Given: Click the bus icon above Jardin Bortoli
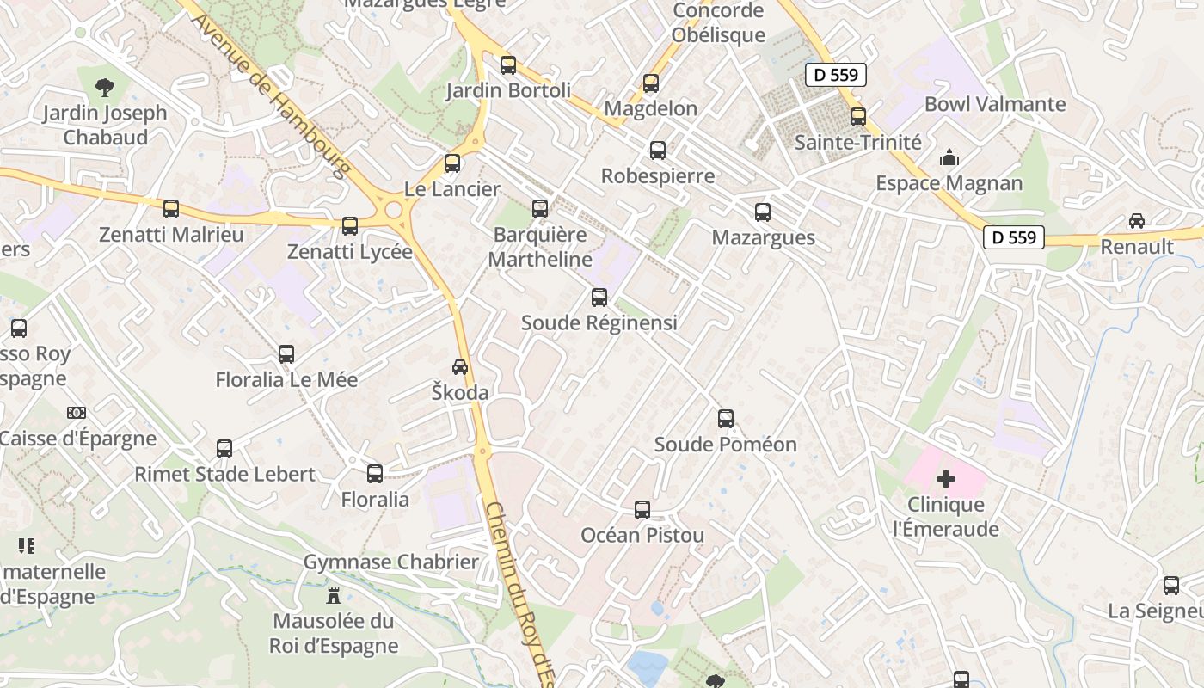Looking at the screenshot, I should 508,64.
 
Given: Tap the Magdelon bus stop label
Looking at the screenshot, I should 651,108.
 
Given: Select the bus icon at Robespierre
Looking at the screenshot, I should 658,150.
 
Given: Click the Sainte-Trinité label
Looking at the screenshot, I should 857,142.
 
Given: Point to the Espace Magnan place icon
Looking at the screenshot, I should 949,157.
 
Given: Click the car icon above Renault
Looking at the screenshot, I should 1137,221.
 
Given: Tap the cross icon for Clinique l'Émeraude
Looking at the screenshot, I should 946,479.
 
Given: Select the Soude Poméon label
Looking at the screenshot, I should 725,445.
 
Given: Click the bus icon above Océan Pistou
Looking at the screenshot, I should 642,510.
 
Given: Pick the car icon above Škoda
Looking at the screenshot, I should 460,367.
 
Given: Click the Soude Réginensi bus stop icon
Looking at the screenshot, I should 599,298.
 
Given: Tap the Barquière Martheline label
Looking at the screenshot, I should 540,247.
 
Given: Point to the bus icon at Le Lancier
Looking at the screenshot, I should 452,163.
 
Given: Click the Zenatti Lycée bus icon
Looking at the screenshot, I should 350,226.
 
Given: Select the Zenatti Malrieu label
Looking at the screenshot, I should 171,235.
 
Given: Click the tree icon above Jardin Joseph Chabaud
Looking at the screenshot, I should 105,87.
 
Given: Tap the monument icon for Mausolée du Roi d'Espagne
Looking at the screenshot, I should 334,595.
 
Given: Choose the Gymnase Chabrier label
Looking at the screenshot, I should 390,562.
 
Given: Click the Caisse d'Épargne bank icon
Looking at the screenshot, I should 77,413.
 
